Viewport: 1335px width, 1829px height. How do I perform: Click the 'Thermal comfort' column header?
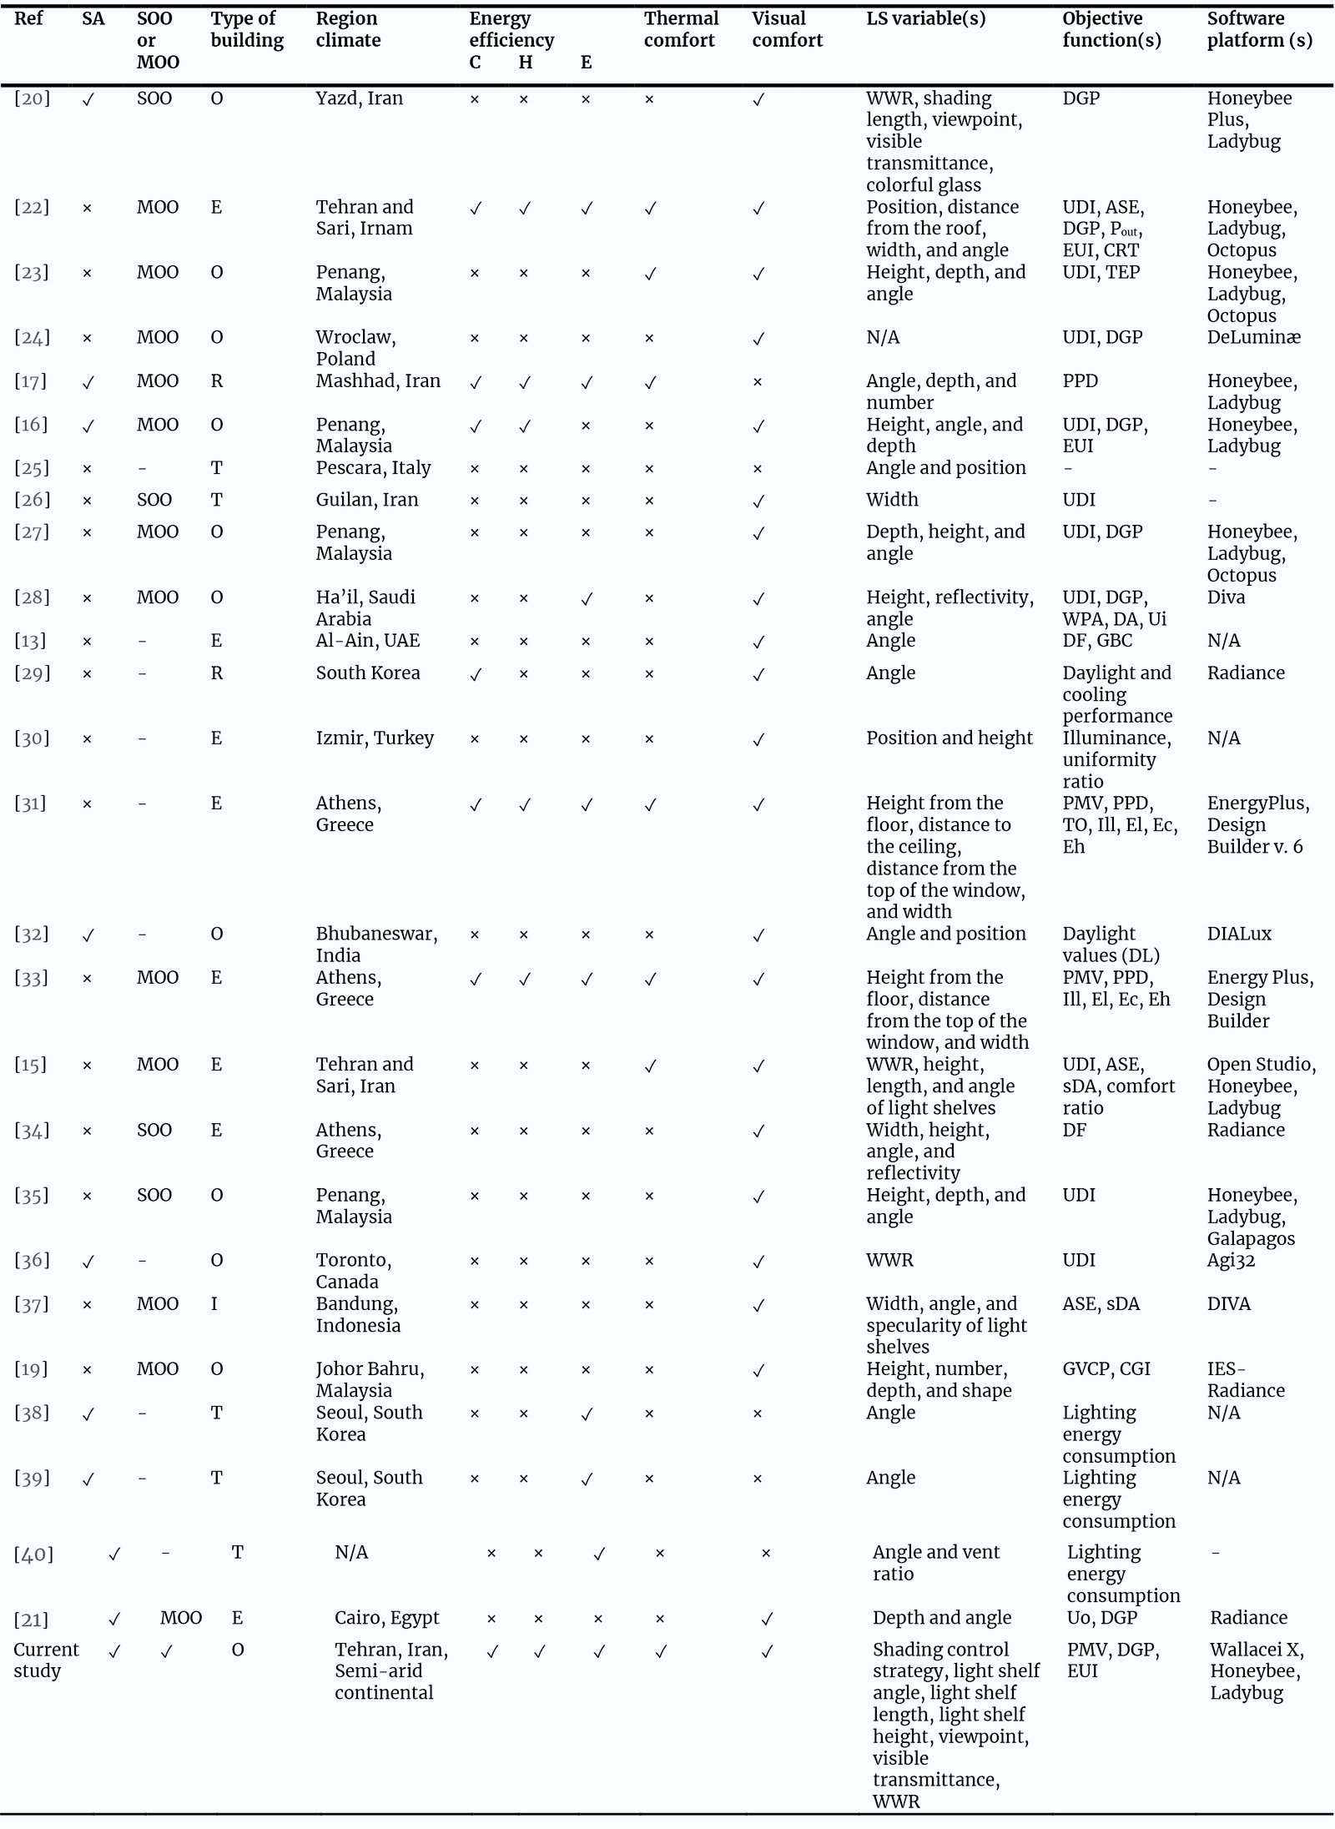[x=680, y=29]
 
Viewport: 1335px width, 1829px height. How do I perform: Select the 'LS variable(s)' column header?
[x=925, y=18]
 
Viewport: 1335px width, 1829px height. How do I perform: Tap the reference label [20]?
[x=32, y=98]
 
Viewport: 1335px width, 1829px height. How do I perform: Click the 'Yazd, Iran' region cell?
[x=359, y=98]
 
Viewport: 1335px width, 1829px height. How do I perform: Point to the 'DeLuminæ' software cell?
[x=1253, y=337]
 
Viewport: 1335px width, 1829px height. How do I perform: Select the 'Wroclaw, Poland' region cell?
[x=355, y=348]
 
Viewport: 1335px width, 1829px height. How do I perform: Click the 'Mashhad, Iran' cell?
[x=378, y=380]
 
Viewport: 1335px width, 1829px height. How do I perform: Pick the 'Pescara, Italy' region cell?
[x=373, y=467]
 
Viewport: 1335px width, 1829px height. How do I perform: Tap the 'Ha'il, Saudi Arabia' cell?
[x=365, y=607]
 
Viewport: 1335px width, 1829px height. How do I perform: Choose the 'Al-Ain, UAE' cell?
[x=367, y=640]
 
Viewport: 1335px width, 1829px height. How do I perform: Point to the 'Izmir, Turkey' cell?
[x=375, y=738]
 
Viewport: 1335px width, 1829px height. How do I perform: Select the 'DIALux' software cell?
[x=1239, y=934]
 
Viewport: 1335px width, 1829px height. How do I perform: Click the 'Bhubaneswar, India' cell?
[x=376, y=945]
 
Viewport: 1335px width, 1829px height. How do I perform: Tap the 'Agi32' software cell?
[x=1231, y=1260]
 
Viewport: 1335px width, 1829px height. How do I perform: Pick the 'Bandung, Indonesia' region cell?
[x=357, y=1314]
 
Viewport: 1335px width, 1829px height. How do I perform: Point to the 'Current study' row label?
[x=46, y=1660]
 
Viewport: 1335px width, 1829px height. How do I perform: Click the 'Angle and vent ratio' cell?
[x=935, y=1563]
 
